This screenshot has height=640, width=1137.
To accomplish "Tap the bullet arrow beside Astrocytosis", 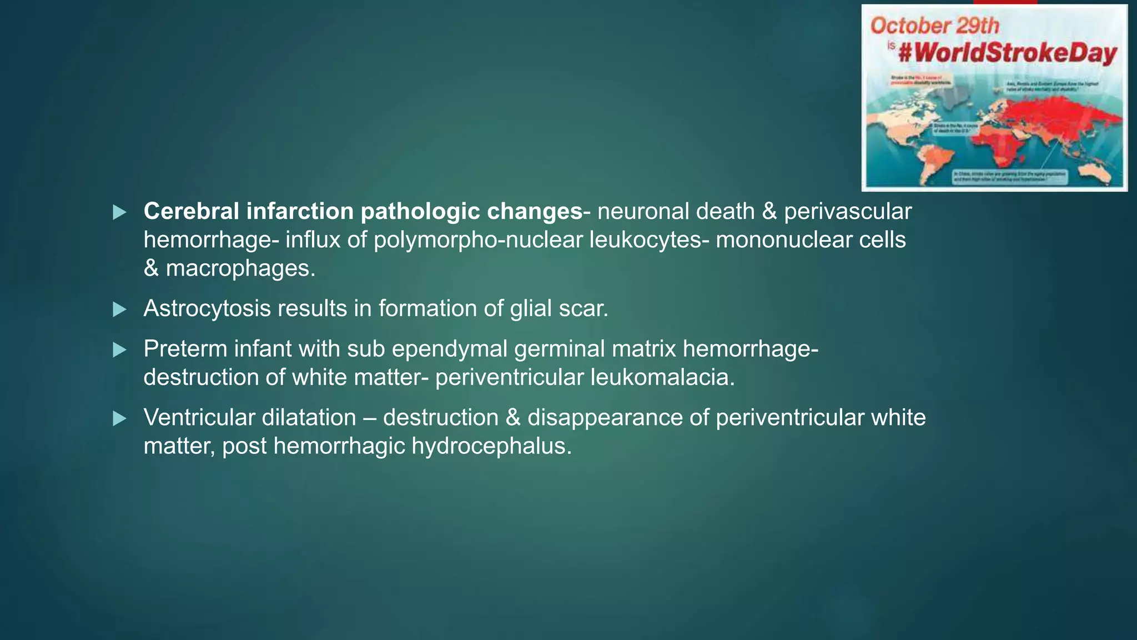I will click(x=119, y=309).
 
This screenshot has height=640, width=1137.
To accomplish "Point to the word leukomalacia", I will click(x=662, y=377).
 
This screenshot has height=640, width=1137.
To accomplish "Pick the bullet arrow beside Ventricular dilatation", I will click(x=119, y=418).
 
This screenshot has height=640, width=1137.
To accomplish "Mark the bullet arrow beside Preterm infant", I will click(x=119, y=350).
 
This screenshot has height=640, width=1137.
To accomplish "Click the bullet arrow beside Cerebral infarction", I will click(x=119, y=212).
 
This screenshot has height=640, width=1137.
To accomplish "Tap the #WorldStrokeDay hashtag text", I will click(x=1007, y=53).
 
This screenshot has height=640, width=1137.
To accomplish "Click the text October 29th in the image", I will click(x=934, y=26).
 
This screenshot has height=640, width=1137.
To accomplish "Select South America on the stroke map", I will click(x=932, y=159).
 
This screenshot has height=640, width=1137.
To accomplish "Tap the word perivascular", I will click(x=848, y=212).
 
